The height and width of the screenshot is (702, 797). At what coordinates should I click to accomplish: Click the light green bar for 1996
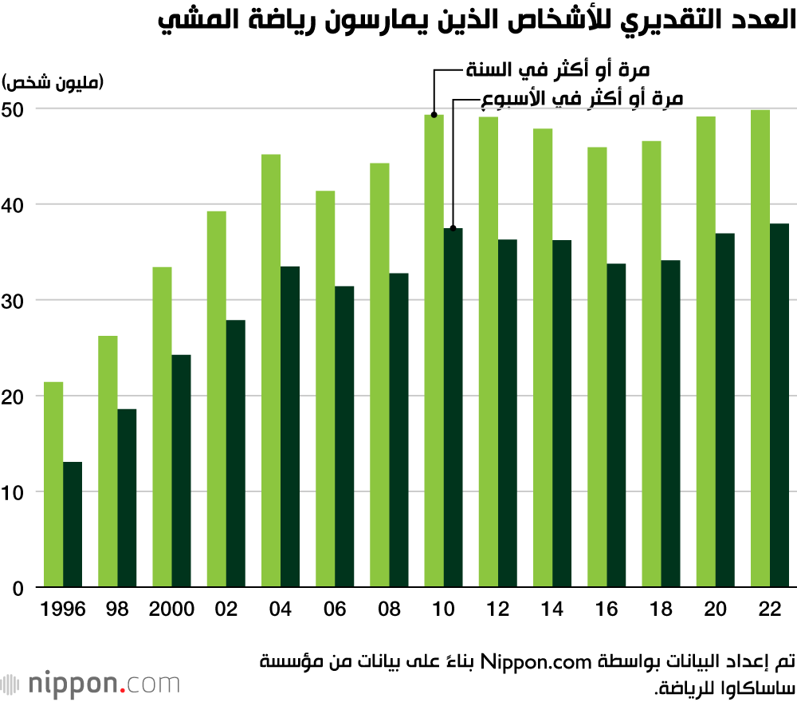click(53, 485)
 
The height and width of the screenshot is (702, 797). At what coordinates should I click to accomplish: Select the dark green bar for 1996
click(73, 525)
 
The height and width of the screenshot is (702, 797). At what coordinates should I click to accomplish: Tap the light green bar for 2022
click(760, 349)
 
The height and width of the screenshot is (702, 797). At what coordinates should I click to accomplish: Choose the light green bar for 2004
click(271, 371)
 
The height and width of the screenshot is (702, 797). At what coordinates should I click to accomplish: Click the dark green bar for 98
click(127, 499)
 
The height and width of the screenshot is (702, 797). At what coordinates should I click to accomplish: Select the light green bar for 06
click(325, 389)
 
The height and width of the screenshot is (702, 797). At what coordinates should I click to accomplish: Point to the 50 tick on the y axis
click(18, 109)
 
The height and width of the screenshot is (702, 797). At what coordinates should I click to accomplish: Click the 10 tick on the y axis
click(18, 492)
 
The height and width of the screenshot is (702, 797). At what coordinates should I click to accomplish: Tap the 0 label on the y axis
click(22, 588)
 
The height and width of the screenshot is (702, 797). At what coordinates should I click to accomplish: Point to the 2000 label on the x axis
click(172, 609)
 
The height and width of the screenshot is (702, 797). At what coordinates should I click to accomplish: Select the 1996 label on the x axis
click(63, 609)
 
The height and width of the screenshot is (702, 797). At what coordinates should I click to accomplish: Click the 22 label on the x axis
click(769, 609)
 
